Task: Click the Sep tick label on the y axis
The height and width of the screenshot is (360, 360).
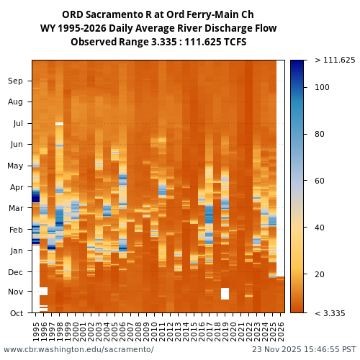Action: [x=15, y=81]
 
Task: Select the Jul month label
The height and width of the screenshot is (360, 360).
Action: [x=17, y=123]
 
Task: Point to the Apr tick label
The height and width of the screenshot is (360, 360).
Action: [x=16, y=187]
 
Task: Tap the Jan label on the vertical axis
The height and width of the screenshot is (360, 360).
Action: [x=16, y=251]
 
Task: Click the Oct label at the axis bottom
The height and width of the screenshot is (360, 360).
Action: [x=16, y=313]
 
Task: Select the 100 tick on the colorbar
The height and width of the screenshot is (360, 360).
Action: [x=322, y=87]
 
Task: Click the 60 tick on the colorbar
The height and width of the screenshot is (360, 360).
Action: [x=320, y=181]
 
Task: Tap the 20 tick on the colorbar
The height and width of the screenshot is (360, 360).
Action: [x=320, y=274]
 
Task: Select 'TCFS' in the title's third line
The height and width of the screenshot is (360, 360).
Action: [x=233, y=42]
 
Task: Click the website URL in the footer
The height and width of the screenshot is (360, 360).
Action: [x=78, y=349]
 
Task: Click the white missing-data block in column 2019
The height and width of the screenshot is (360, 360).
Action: [x=225, y=294]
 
